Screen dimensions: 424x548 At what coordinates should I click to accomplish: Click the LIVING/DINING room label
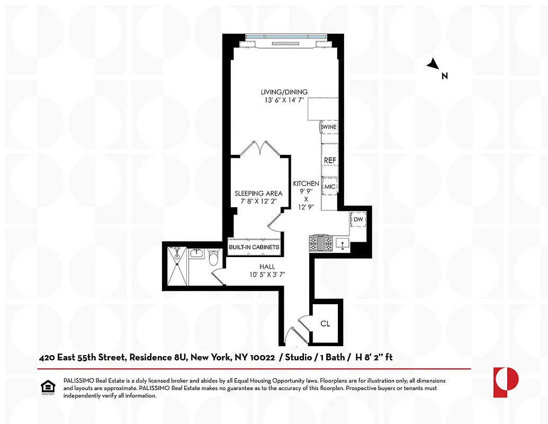pyautogui.click(x=284, y=92)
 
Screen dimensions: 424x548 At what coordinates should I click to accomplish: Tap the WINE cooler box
pyautogui.click(x=329, y=127)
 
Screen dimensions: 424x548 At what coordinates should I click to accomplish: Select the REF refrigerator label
pyautogui.click(x=330, y=160)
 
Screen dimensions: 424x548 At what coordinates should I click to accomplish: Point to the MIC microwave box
pyautogui.click(x=330, y=187)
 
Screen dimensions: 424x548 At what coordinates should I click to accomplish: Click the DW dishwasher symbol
pyautogui.click(x=358, y=219)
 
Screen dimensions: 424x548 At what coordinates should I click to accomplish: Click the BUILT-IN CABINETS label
pyautogui.click(x=254, y=248)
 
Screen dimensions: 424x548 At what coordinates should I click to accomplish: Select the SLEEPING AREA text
pyautogui.click(x=258, y=193)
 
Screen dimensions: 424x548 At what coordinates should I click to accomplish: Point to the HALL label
pyautogui.click(x=267, y=267)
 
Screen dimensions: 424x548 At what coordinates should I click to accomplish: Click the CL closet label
pyautogui.click(x=325, y=323)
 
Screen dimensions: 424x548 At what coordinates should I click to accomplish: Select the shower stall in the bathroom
pyautogui.click(x=177, y=267)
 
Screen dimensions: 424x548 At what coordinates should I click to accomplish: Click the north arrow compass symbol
pyautogui.click(x=434, y=65)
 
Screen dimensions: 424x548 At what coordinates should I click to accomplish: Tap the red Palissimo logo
pyautogui.click(x=506, y=382)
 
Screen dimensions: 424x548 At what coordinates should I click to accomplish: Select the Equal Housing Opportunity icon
pyautogui.click(x=48, y=388)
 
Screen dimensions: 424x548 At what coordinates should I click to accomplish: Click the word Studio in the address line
pyautogui.click(x=298, y=358)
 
